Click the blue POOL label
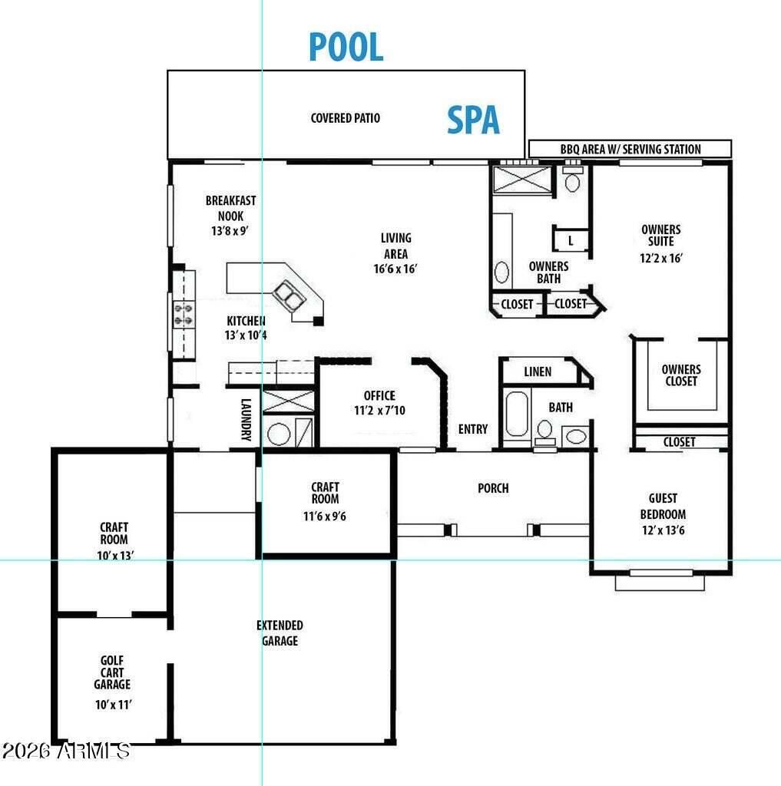coord(346,47)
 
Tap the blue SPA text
coord(473,120)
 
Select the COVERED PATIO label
coord(345,117)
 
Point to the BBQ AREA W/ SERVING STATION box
coord(630,149)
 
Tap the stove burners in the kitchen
coord(183,314)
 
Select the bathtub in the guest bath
coord(517,414)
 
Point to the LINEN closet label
coord(538,372)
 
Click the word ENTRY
coord(472,429)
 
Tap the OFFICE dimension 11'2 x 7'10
coord(379,410)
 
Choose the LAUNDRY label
coord(246,420)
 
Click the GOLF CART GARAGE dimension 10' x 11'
coord(114,705)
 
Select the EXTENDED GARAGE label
coord(280,632)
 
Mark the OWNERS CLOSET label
coord(680,375)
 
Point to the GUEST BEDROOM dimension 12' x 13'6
coord(664,530)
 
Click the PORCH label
coord(493,487)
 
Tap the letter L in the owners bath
coord(571,240)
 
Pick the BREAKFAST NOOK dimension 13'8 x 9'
coord(230,230)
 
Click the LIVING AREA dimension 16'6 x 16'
coord(395,269)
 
